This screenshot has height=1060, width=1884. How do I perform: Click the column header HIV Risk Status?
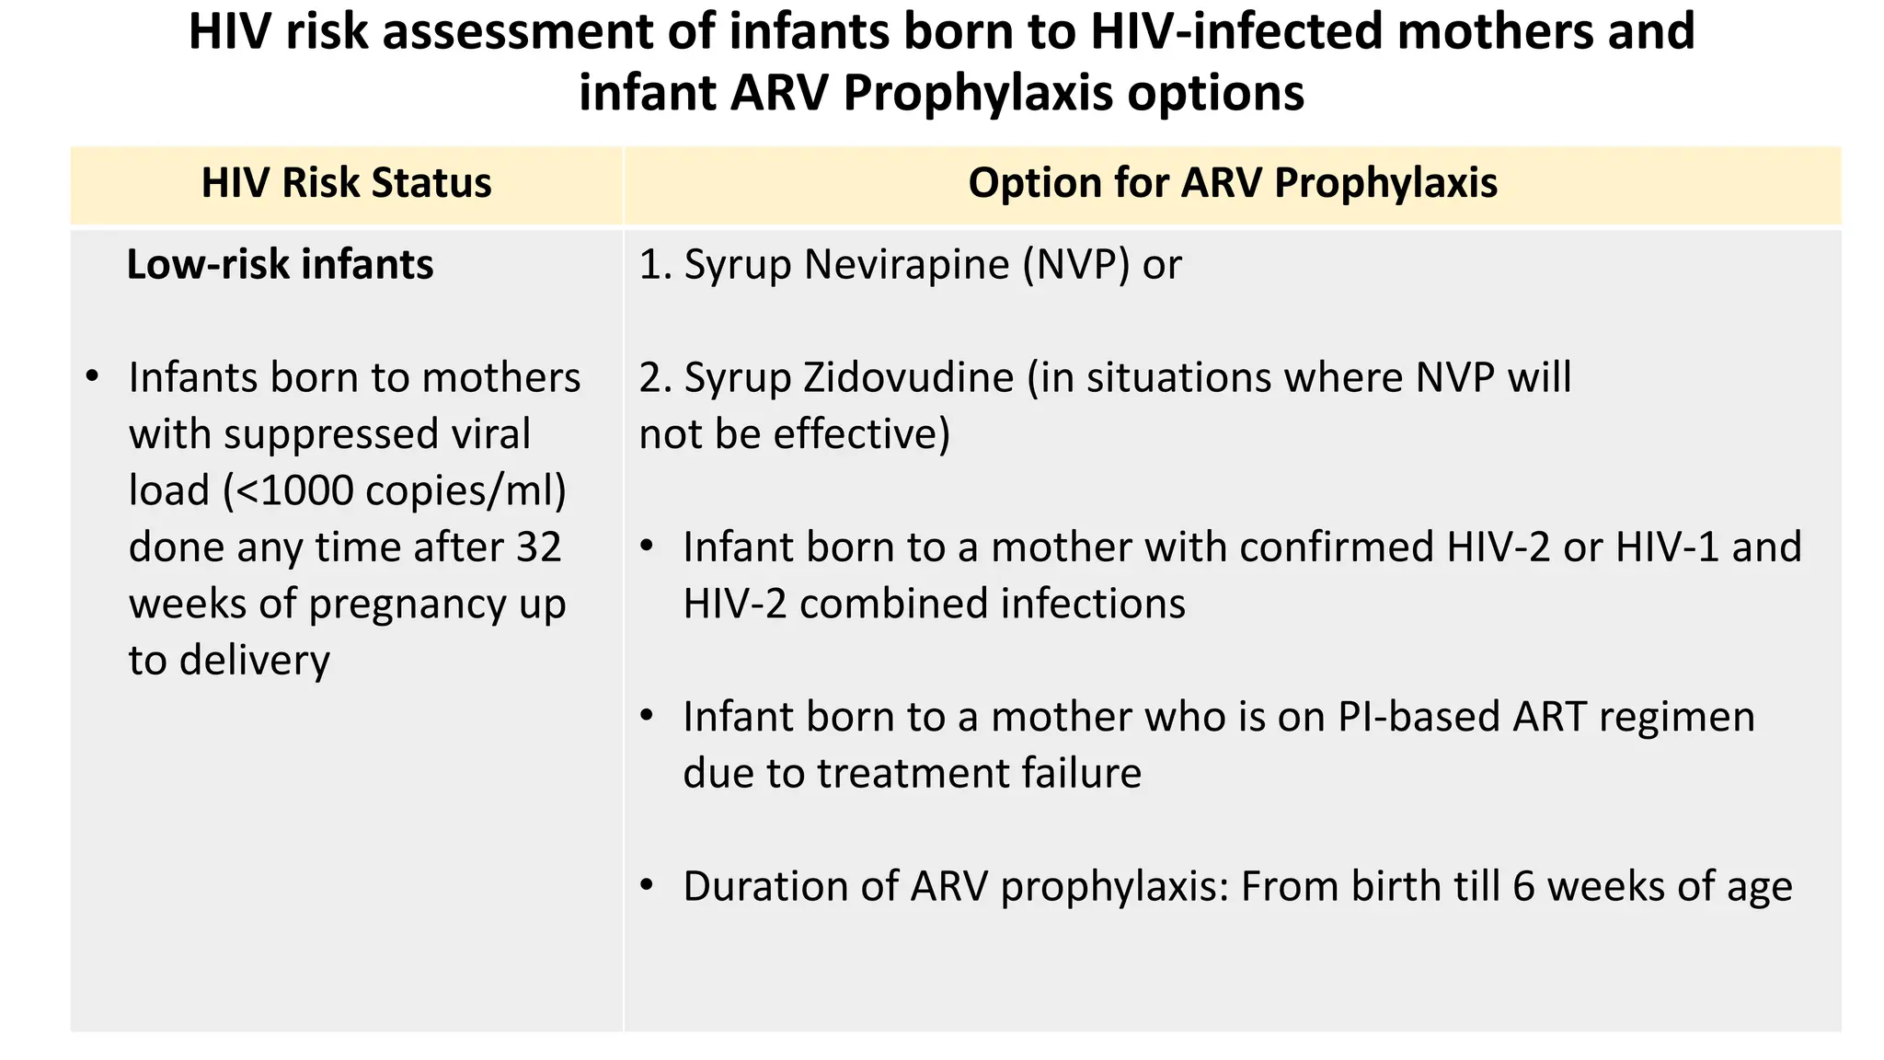(x=346, y=183)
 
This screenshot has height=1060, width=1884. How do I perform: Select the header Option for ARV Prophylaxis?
(x=1233, y=183)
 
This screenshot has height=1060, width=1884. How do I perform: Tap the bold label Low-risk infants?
(x=280, y=265)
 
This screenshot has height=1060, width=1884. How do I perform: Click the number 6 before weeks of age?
(x=1523, y=887)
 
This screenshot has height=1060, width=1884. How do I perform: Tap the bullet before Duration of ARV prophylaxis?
(x=648, y=885)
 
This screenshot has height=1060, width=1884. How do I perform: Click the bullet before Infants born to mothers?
(x=91, y=377)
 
